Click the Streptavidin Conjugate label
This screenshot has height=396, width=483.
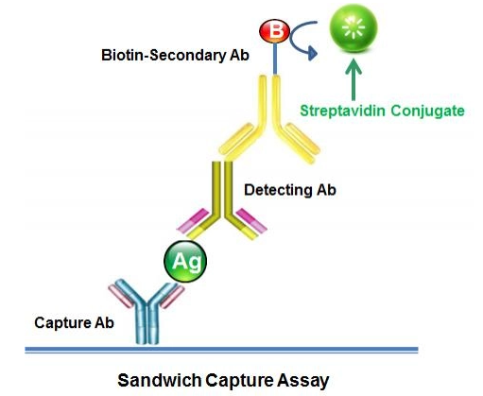pyautogui.click(x=382, y=111)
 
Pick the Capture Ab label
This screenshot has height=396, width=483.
pyautogui.click(x=73, y=322)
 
